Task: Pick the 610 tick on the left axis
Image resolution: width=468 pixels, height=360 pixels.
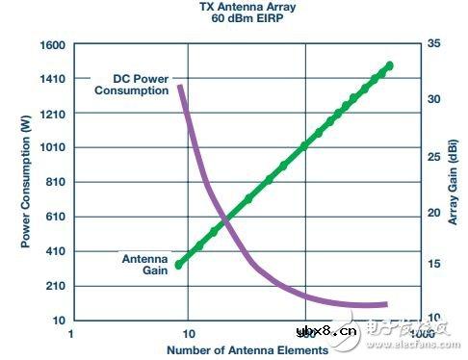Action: tap(53, 217)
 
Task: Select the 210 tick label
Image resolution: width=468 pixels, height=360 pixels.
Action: tap(53, 286)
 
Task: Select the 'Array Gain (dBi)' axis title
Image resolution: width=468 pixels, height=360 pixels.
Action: tap(454, 183)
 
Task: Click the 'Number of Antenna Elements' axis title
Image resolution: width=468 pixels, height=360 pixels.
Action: tap(247, 349)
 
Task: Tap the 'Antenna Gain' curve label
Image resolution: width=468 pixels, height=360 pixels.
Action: tap(145, 264)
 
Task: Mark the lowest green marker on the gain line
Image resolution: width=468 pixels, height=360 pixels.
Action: tap(179, 264)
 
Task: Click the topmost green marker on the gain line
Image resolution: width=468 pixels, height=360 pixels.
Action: tap(390, 65)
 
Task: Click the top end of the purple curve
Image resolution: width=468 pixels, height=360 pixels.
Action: tap(179, 88)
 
